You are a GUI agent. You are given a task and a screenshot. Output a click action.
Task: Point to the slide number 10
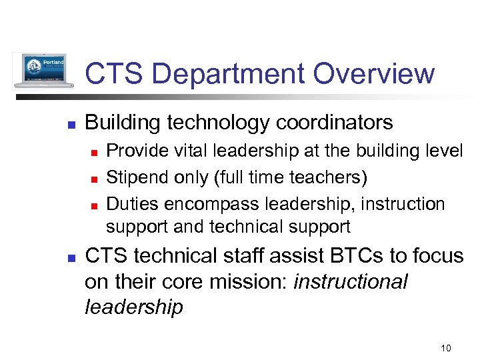(446, 347)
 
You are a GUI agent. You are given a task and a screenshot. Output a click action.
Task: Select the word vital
(192, 151)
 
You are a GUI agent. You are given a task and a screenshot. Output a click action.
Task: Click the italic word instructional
(350, 281)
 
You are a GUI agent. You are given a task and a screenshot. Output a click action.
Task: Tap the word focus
(439, 256)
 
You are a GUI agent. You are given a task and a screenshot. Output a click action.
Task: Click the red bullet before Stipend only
(94, 179)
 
